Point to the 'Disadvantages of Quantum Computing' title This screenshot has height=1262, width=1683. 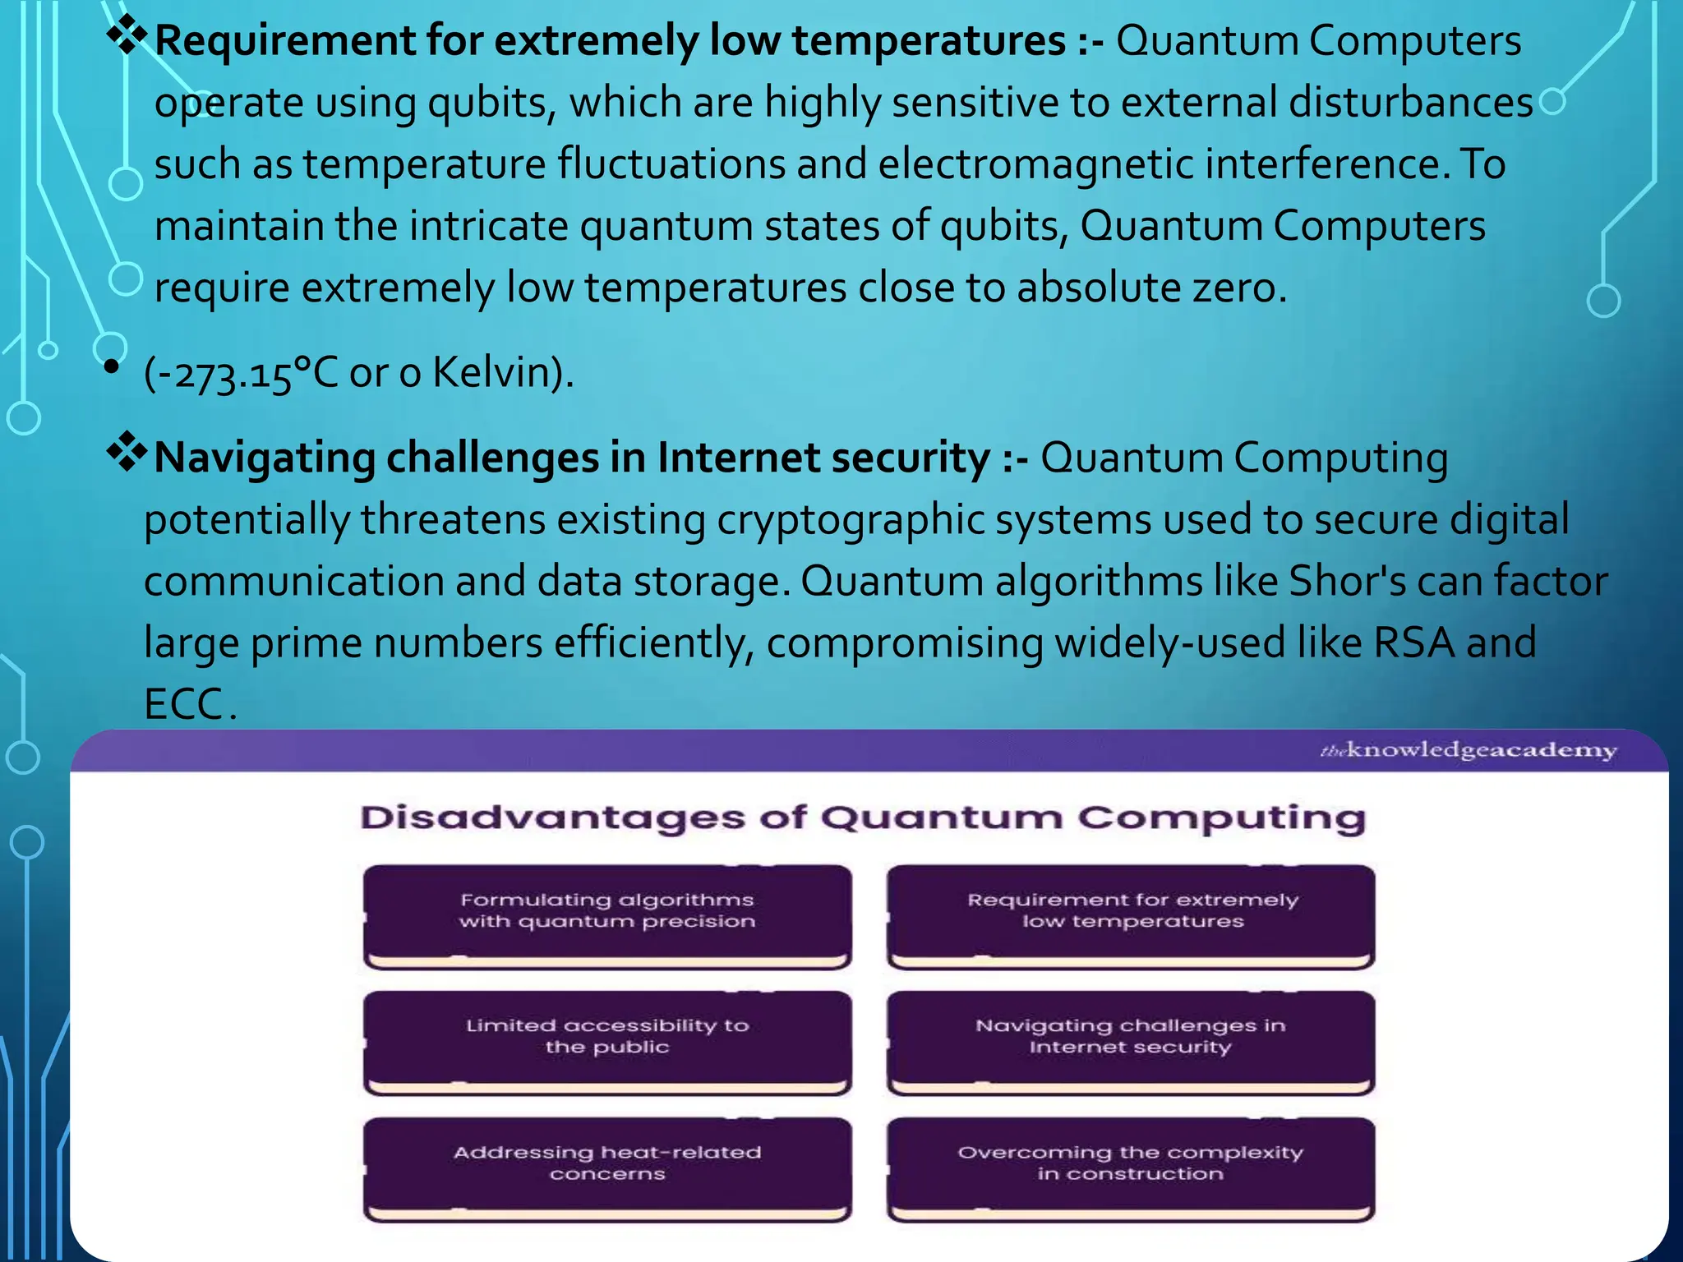[x=863, y=818]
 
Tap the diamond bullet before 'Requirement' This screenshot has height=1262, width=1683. [x=127, y=36]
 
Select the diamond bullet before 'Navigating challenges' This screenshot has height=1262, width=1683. [x=127, y=453]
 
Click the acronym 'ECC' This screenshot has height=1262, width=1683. [x=183, y=704]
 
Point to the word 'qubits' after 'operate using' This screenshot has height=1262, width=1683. [x=491, y=103]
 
